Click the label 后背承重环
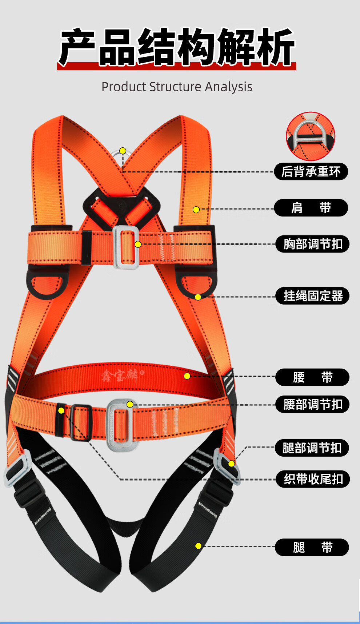click(x=311, y=171)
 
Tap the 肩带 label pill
click(x=311, y=208)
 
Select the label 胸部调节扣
click(x=312, y=244)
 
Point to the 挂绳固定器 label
click(x=312, y=296)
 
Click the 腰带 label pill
click(x=312, y=377)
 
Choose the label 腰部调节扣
click(x=312, y=404)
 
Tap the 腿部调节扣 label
click(x=312, y=448)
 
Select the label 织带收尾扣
click(x=313, y=479)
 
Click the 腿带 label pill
click(x=312, y=547)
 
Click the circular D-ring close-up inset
click(x=311, y=136)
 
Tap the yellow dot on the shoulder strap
click(x=196, y=210)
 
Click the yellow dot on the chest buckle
click(x=138, y=244)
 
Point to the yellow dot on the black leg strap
click(x=198, y=546)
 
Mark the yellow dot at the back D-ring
click(x=123, y=151)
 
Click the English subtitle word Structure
click(x=175, y=87)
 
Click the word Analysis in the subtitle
click(x=228, y=87)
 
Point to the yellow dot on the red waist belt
click(x=187, y=376)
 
